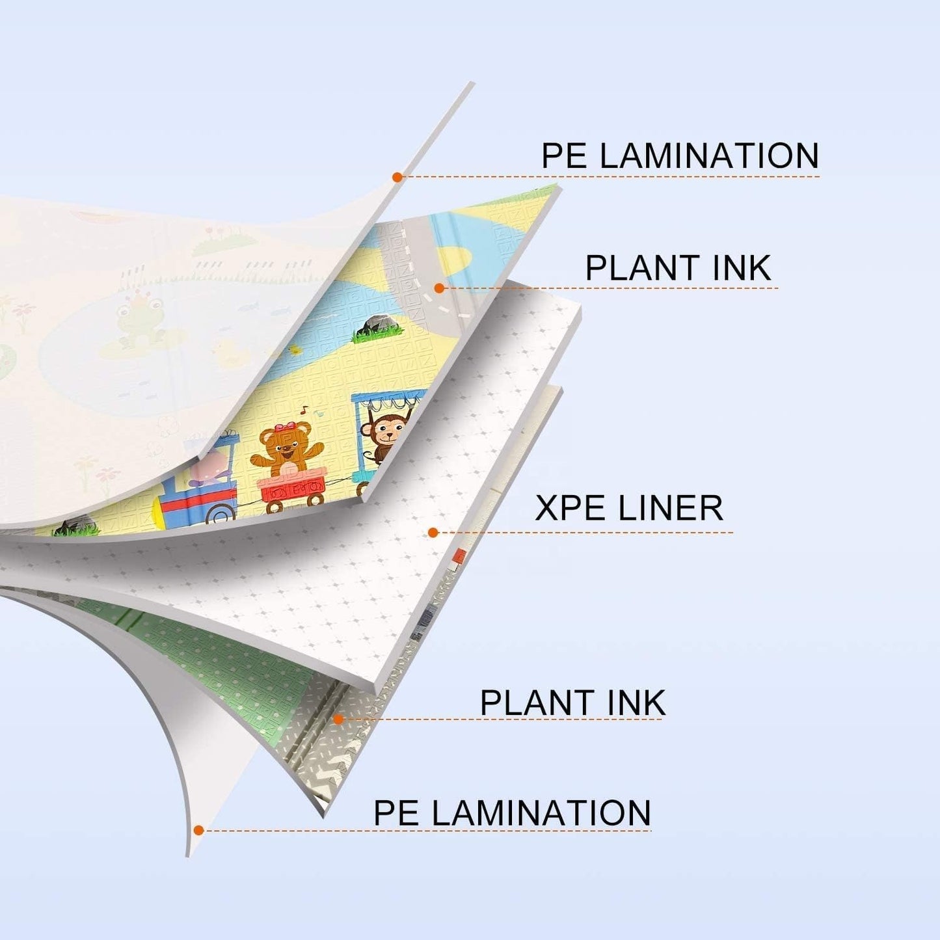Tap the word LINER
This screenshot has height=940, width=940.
coord(666,508)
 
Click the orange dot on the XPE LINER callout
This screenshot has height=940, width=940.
coord(433,532)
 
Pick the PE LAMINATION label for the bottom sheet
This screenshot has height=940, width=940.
coord(512,812)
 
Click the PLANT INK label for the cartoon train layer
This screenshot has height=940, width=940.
coord(678,267)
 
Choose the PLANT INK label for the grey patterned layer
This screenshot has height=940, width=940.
coord(572,702)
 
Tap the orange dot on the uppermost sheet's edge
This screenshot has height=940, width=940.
coord(397,177)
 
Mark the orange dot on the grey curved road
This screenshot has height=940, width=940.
coord(439,288)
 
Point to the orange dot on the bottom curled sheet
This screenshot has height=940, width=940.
coord(198,830)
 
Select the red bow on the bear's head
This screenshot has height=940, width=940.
coord(282,428)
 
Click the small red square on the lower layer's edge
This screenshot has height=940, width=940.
coord(459,555)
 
